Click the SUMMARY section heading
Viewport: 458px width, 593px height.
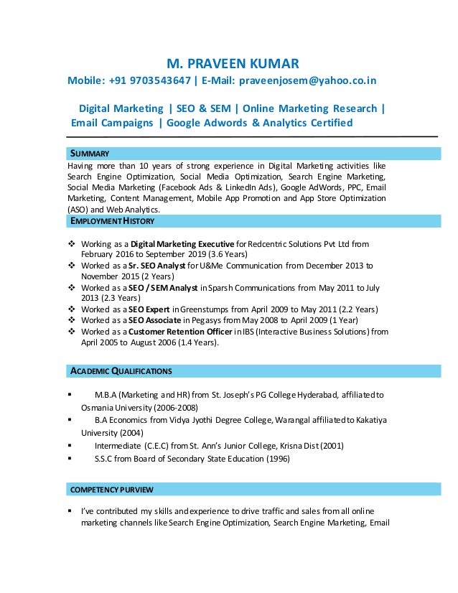point(89,154)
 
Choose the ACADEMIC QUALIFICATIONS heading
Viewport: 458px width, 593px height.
point(120,371)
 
